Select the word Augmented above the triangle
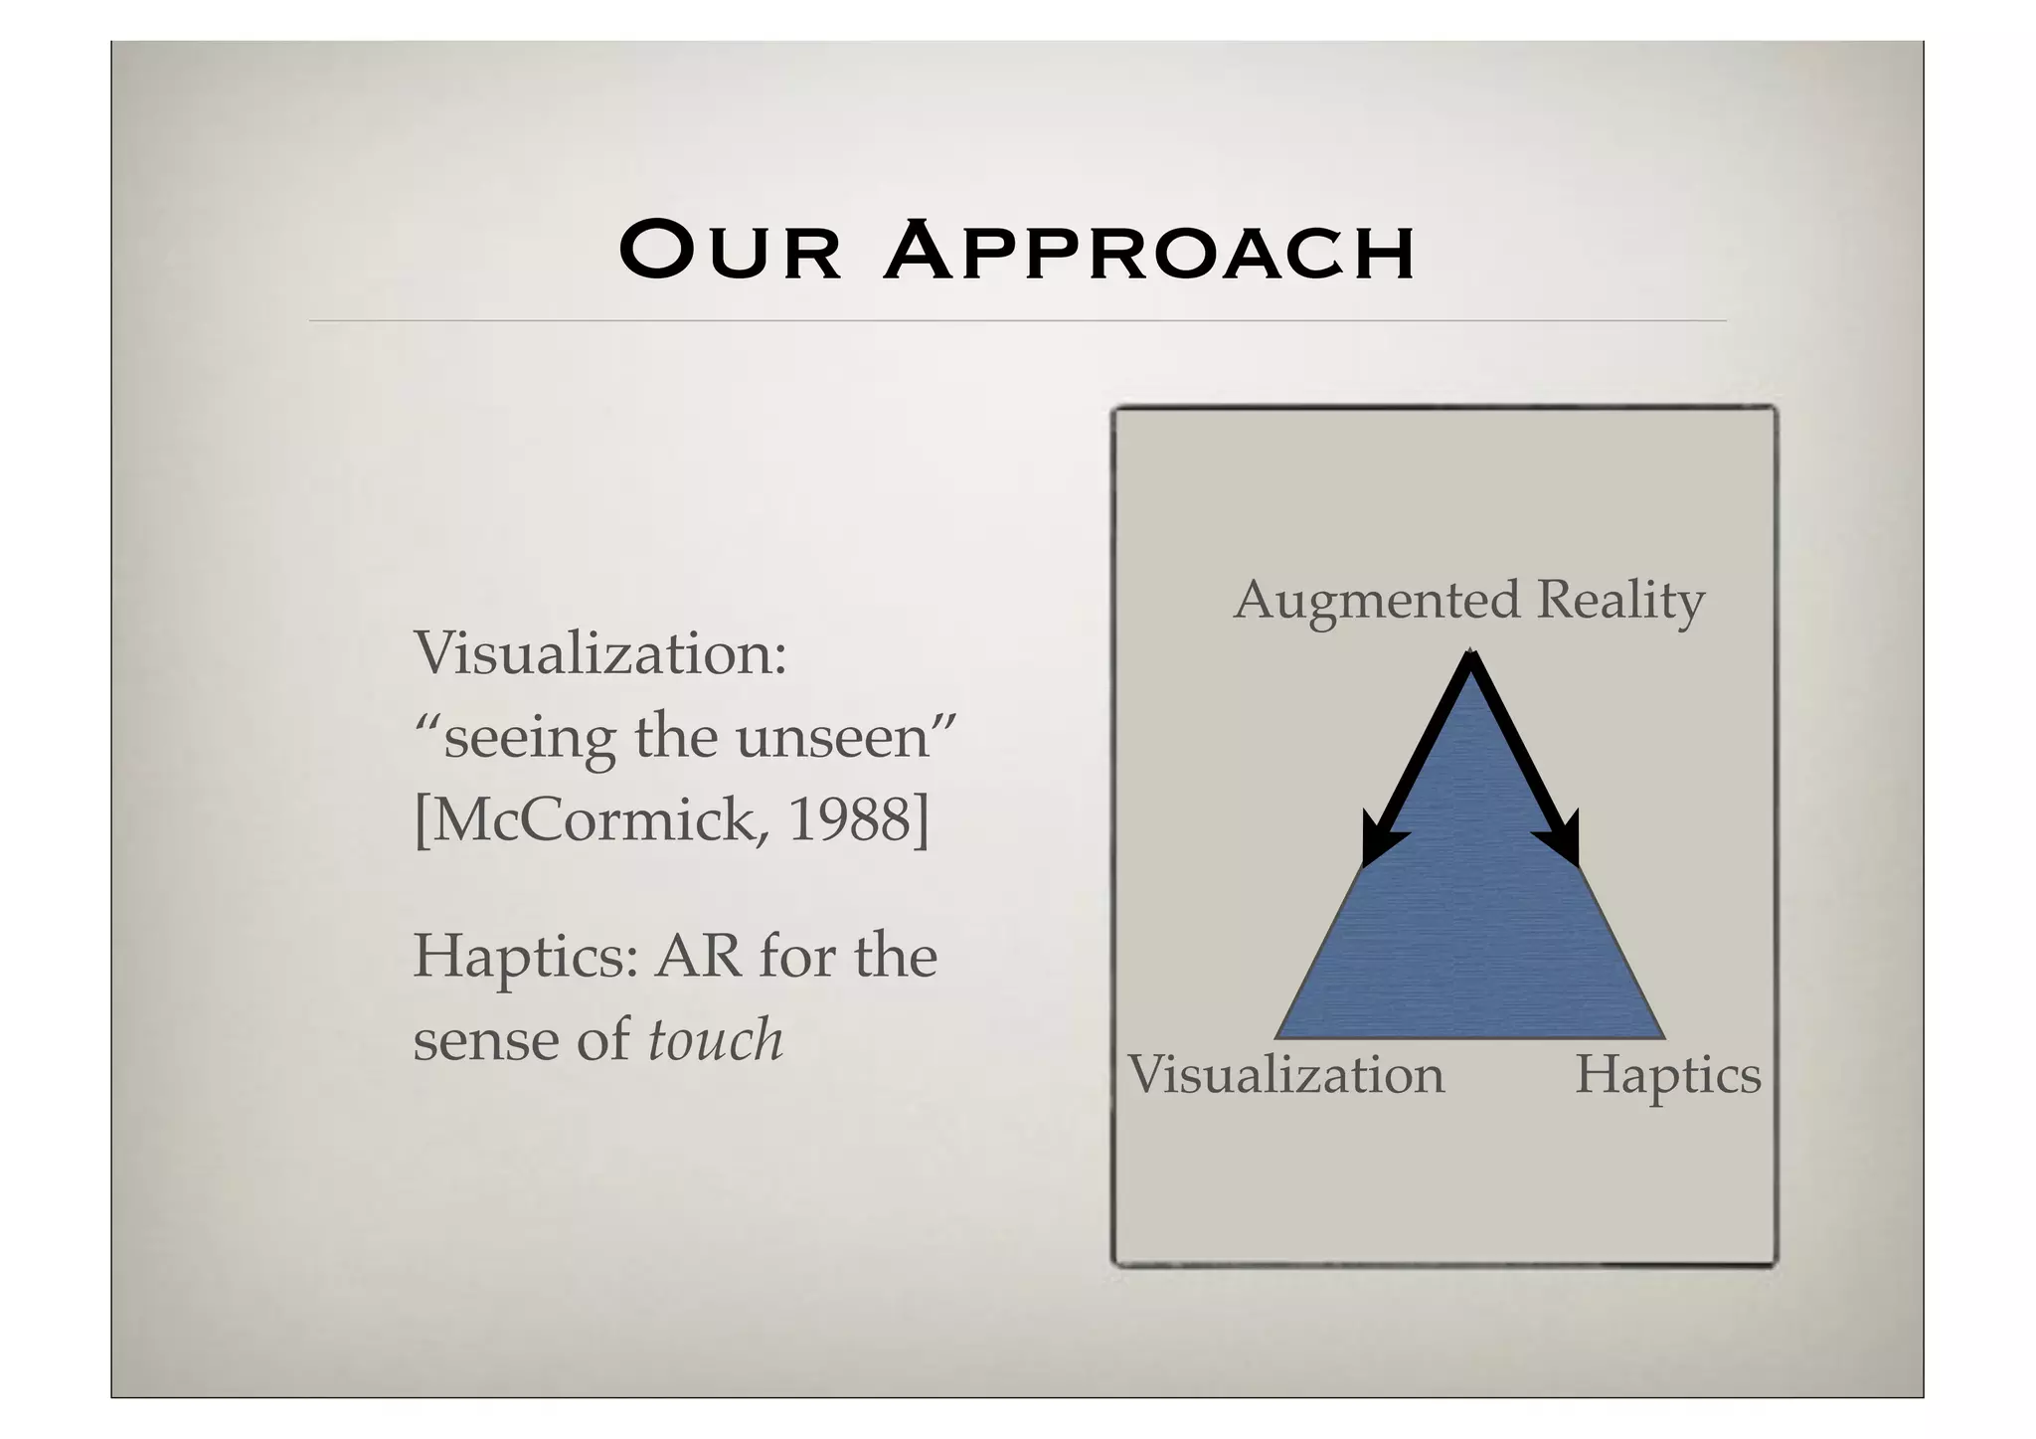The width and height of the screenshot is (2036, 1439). point(1376,601)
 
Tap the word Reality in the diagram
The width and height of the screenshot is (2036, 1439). point(1620,601)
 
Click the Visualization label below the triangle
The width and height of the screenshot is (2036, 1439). point(1285,1076)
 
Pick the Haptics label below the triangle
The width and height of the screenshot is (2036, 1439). point(1667,1076)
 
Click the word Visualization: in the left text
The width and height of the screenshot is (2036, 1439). point(599,654)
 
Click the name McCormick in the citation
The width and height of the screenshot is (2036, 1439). point(593,820)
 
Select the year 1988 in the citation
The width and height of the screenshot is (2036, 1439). point(848,820)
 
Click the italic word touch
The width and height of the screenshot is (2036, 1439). point(715,1040)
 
